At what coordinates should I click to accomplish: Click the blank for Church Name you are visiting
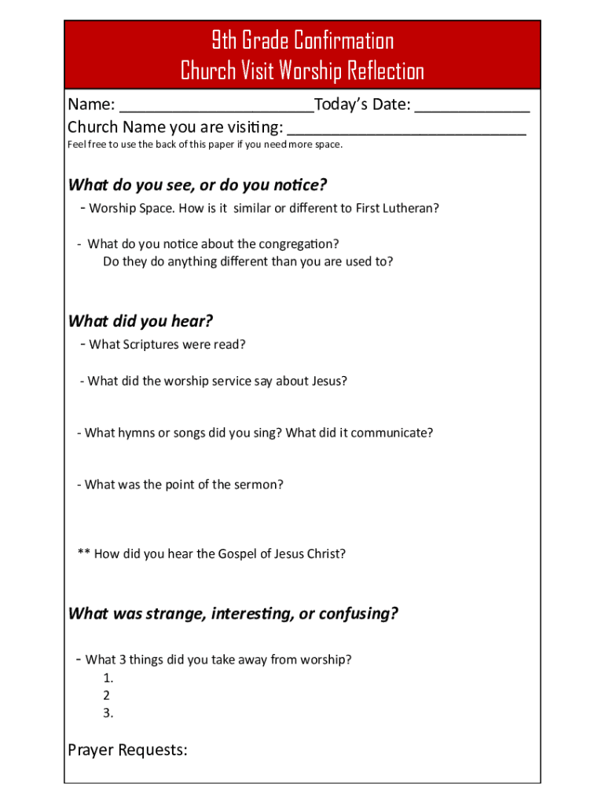pos(406,129)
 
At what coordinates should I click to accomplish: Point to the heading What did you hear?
pos(141,321)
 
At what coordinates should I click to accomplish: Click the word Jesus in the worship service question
pos(328,381)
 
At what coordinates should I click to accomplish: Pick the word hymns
pos(137,433)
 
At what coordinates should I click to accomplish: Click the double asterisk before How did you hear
pos(83,553)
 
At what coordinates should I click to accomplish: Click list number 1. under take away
pos(108,678)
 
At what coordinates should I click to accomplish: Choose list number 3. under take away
pos(108,713)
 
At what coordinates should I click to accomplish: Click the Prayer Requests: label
pos(127,751)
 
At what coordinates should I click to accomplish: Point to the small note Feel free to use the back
pos(205,144)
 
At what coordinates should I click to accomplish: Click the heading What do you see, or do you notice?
pos(197,185)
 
